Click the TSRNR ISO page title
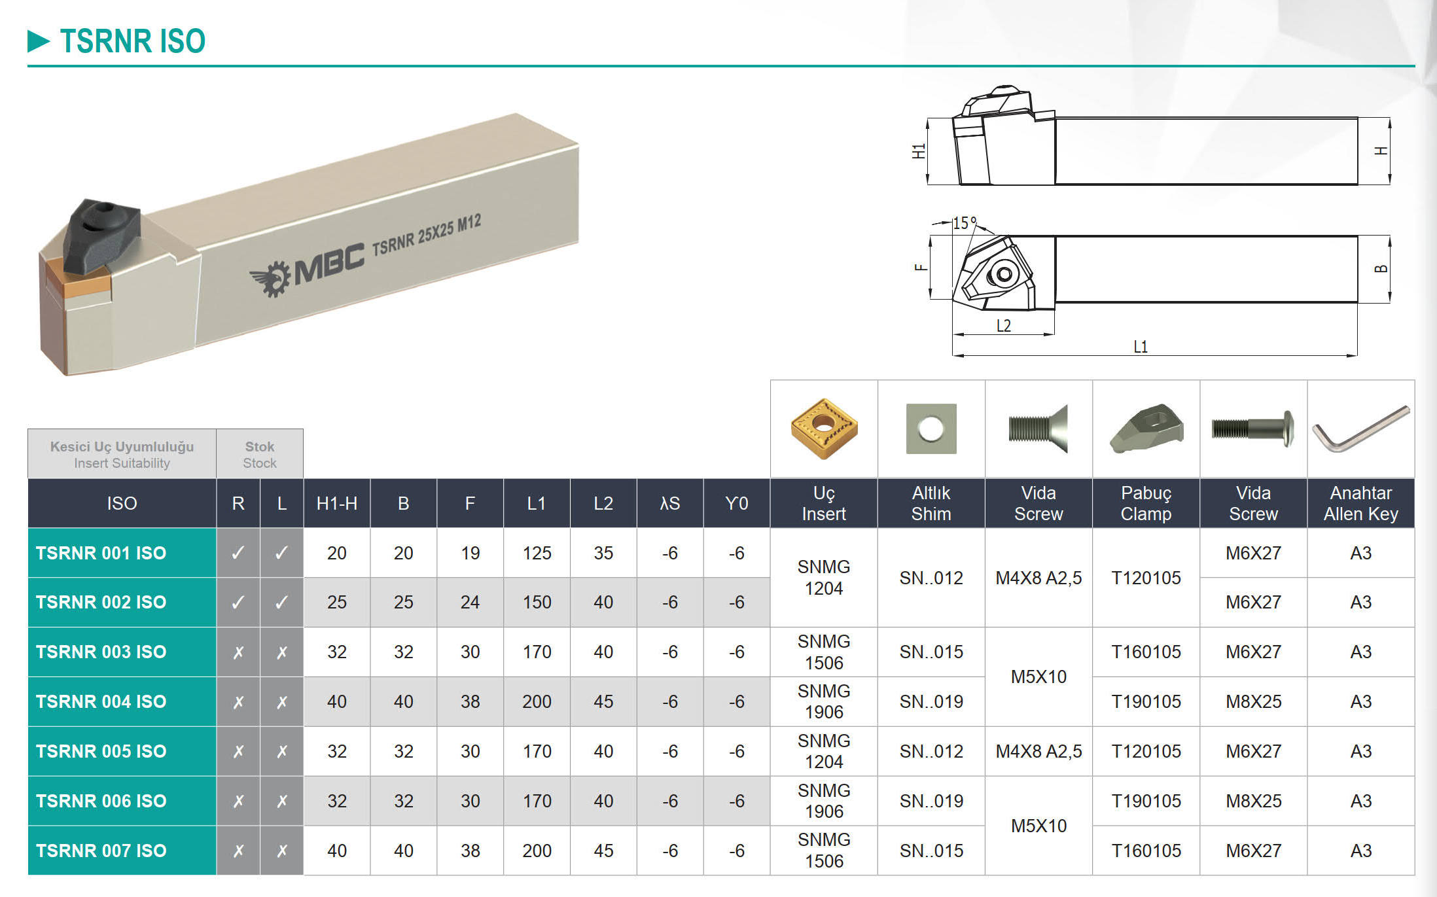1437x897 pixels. tap(133, 41)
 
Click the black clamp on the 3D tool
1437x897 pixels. tap(102, 233)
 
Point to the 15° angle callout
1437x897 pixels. tap(965, 223)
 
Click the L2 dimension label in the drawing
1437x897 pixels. tap(1004, 325)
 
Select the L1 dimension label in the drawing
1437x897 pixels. tap(1141, 347)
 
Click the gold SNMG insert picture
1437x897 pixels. tap(824, 429)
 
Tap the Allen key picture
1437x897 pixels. tap(1361, 428)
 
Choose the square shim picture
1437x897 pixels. tap(931, 429)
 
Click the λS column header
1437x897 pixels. tap(670, 503)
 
